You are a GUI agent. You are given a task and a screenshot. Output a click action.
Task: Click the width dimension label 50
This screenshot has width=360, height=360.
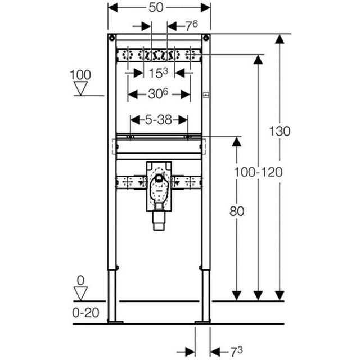click(156, 7)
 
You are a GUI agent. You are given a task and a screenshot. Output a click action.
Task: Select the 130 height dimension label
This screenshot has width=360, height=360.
click(280, 131)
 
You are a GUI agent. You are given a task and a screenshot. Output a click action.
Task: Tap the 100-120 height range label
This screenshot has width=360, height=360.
click(258, 172)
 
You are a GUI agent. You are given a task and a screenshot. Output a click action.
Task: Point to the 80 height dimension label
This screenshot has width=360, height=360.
click(237, 211)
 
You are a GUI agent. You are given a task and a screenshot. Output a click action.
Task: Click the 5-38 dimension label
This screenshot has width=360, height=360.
click(159, 120)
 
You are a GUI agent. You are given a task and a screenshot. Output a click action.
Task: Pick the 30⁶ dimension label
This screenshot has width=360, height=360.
click(158, 94)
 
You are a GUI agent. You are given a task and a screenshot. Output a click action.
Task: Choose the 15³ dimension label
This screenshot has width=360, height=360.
click(159, 73)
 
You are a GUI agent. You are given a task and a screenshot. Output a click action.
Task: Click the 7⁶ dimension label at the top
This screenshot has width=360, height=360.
click(192, 26)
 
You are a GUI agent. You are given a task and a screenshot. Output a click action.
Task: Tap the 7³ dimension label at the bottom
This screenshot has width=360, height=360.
click(236, 352)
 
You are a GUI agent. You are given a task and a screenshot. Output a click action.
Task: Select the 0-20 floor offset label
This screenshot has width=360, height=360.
click(85, 313)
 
